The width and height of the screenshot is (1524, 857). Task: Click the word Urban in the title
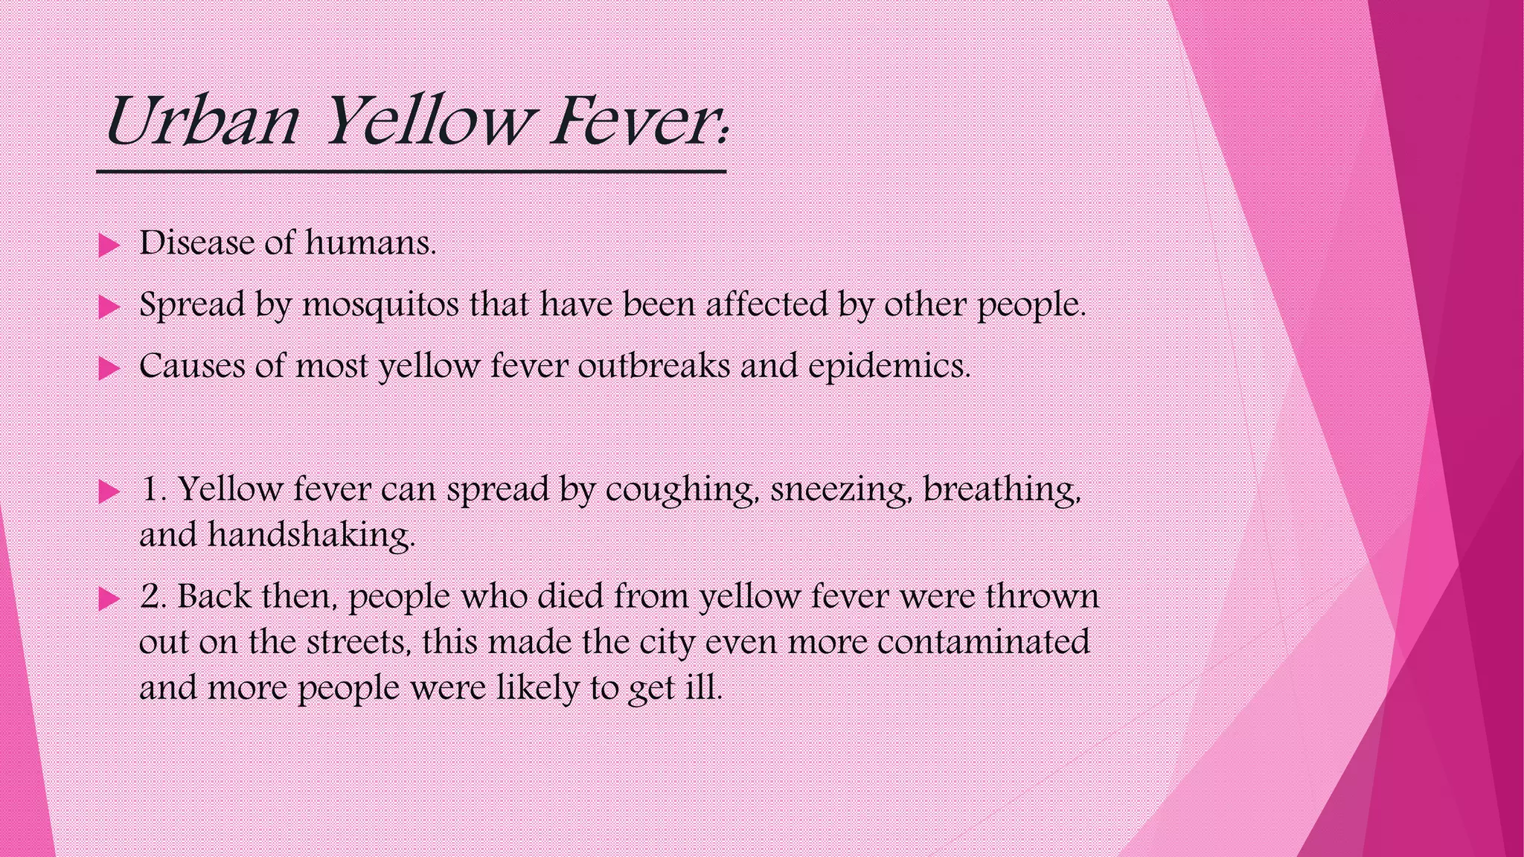(x=202, y=122)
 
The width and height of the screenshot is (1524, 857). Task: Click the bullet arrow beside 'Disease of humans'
(x=109, y=245)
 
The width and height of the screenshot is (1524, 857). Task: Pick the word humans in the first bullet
(x=370, y=243)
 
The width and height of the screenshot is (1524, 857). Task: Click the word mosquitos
(x=380, y=305)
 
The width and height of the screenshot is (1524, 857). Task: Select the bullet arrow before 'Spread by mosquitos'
(x=109, y=306)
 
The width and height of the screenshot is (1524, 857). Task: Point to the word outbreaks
(x=653, y=366)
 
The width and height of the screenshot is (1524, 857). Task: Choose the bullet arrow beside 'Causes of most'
(x=109, y=368)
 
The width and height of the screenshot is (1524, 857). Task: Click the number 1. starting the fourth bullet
(x=153, y=490)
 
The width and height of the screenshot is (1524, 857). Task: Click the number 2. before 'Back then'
(x=153, y=597)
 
